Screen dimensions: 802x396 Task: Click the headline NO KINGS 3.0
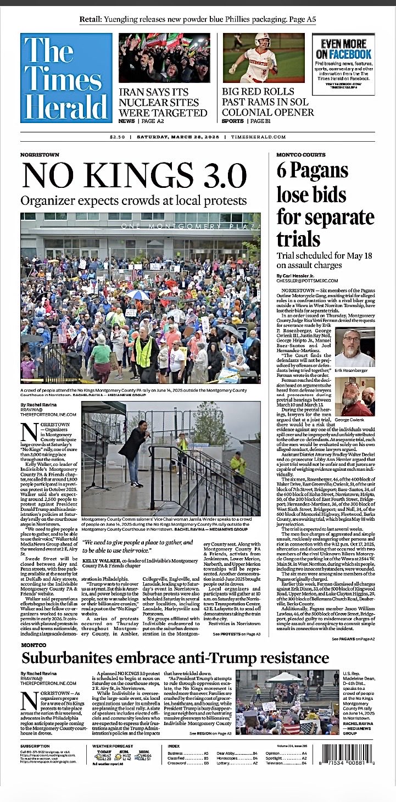[x=134, y=177]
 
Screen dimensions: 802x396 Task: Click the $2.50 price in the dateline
[x=118, y=137]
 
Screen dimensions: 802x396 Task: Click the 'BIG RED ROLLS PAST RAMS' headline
[x=267, y=102]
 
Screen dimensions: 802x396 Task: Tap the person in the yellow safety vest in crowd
[x=143, y=352]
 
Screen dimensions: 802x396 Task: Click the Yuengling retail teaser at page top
[x=198, y=20]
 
